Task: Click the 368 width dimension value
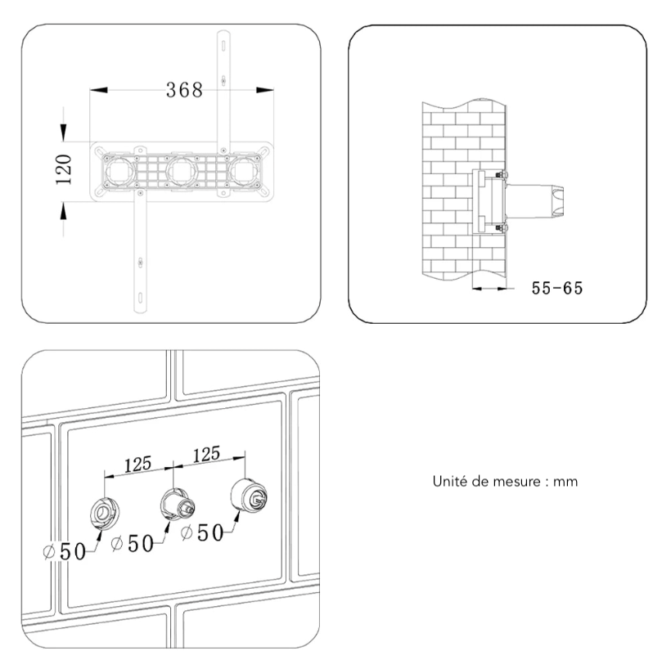pos(184,90)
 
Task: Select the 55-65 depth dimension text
pos(556,288)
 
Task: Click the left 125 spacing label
pos(137,464)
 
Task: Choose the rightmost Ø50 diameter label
pos(203,532)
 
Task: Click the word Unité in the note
pos(449,482)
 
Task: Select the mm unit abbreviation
pos(565,482)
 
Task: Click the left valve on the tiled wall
pos(106,512)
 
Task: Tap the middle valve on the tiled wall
pos(174,502)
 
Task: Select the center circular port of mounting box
pos(180,170)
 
